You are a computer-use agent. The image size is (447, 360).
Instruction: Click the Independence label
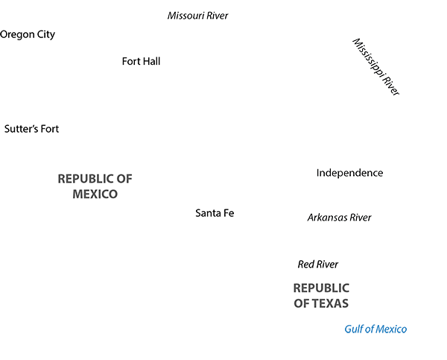coord(349,173)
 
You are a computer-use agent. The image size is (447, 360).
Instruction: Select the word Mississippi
coord(368,57)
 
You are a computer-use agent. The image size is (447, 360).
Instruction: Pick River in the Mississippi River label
coord(391,84)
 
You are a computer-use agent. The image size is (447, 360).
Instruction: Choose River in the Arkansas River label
coord(359,218)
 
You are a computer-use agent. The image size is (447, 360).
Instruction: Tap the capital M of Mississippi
coord(355,42)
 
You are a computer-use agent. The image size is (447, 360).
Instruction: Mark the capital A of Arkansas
coord(311,218)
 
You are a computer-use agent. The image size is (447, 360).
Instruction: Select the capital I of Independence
coord(318,173)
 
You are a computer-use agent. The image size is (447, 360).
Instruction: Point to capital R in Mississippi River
coord(384,76)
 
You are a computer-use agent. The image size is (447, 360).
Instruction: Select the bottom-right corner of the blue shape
coord(406,332)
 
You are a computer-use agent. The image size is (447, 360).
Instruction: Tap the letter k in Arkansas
coord(322,218)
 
